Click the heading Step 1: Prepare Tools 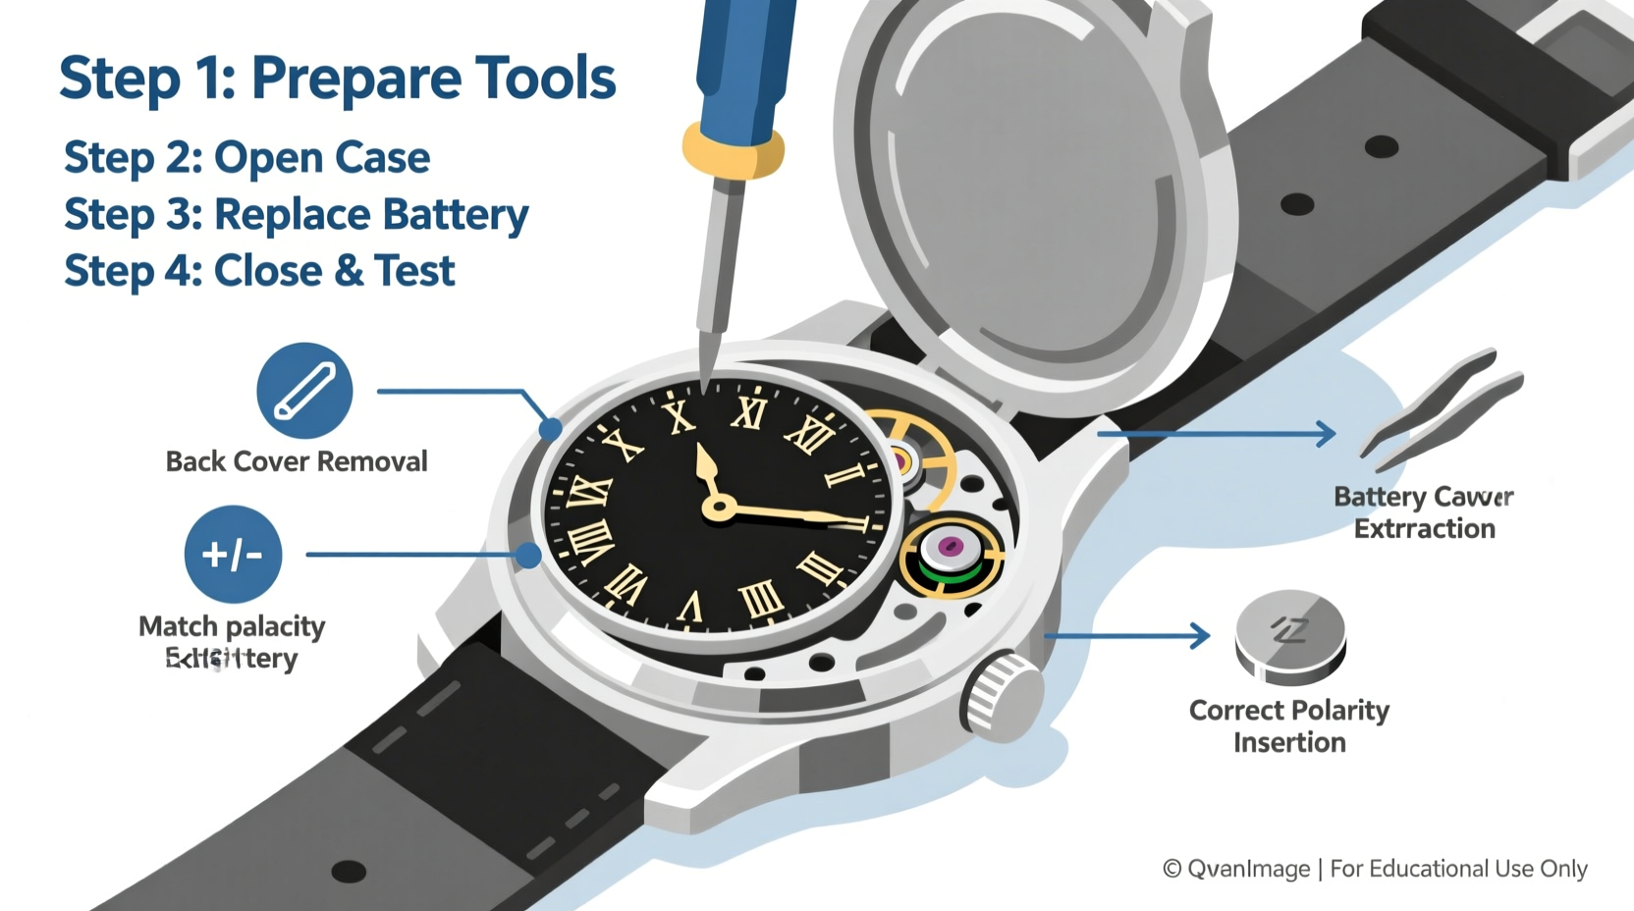[337, 79]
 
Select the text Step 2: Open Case [246, 158]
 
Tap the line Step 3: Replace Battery [296, 215]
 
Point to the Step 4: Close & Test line [259, 271]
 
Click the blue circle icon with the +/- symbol [233, 555]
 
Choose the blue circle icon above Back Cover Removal [304, 391]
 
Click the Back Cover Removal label [296, 461]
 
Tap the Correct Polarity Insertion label [1288, 725]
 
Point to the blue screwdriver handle [743, 59]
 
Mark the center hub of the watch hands [720, 508]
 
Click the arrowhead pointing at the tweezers [1326, 433]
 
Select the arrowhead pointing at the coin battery [1200, 635]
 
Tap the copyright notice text [1375, 869]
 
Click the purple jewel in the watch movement [950, 546]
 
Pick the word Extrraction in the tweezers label [1424, 529]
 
